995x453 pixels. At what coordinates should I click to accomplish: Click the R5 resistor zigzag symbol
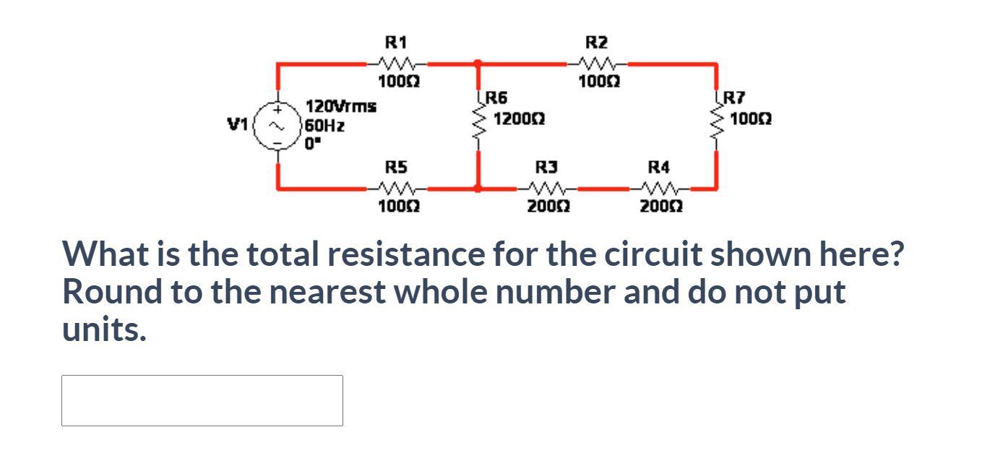(x=395, y=188)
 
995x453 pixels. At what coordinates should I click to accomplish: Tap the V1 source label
(x=238, y=125)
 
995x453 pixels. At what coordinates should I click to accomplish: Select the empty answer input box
(x=202, y=400)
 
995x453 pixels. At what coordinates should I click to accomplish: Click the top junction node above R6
(x=478, y=64)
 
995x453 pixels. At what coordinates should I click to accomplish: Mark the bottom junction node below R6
(x=478, y=188)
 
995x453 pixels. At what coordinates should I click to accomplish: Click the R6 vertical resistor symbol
(x=478, y=126)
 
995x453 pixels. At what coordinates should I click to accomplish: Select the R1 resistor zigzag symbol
(x=395, y=64)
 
